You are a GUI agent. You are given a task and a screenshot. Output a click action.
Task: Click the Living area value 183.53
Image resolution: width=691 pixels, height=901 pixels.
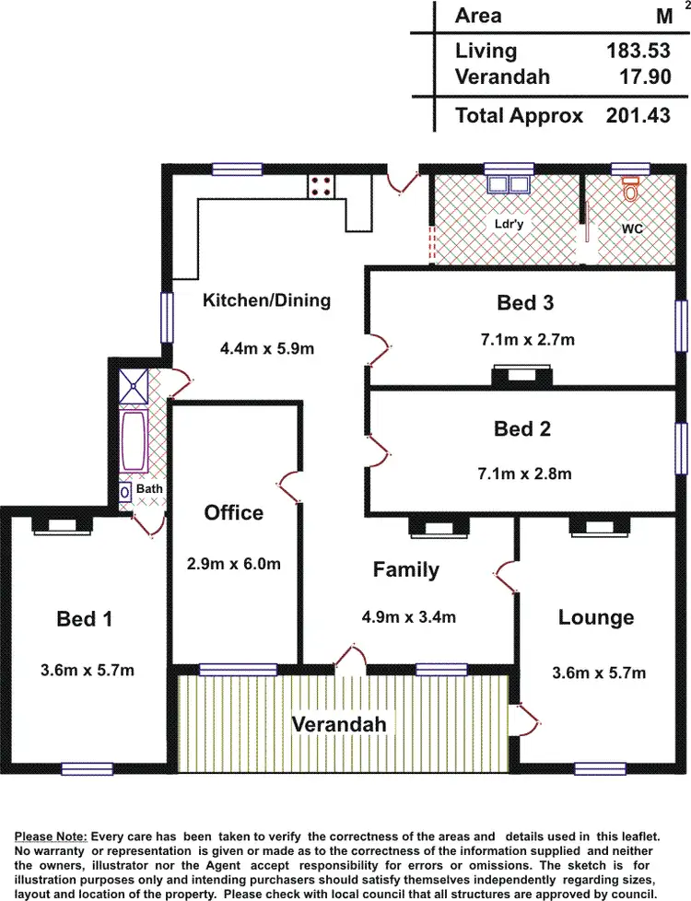click(639, 51)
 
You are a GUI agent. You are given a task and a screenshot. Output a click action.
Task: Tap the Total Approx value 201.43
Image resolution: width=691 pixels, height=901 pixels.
click(638, 116)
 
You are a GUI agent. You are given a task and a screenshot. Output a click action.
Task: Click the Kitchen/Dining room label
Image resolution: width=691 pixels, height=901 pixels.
click(266, 299)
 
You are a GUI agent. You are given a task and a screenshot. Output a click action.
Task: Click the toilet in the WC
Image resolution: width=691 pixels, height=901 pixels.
click(631, 192)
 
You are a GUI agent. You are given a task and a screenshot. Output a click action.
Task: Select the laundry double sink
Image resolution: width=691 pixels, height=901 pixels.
click(508, 183)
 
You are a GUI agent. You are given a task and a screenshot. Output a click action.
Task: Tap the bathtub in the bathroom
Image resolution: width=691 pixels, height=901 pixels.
click(135, 439)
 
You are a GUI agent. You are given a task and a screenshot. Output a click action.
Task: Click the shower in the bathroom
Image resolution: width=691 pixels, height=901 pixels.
click(133, 385)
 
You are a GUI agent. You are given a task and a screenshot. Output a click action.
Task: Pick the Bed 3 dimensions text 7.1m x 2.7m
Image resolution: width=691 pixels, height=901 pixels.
click(527, 339)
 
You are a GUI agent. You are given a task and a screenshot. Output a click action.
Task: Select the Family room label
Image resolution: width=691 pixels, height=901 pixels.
click(405, 570)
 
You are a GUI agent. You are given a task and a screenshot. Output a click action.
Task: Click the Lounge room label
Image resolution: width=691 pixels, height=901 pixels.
click(595, 617)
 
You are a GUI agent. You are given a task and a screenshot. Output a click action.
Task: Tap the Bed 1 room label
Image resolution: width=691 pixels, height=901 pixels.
click(85, 619)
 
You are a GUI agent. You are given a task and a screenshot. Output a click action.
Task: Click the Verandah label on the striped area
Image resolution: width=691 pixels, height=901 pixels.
click(339, 724)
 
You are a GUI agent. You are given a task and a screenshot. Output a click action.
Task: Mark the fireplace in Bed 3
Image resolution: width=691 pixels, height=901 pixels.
click(522, 375)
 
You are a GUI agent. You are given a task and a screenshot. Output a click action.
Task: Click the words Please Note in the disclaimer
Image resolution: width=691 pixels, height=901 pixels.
click(51, 836)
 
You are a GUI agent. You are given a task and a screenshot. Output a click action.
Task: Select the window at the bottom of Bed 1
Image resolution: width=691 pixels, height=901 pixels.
click(87, 768)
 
